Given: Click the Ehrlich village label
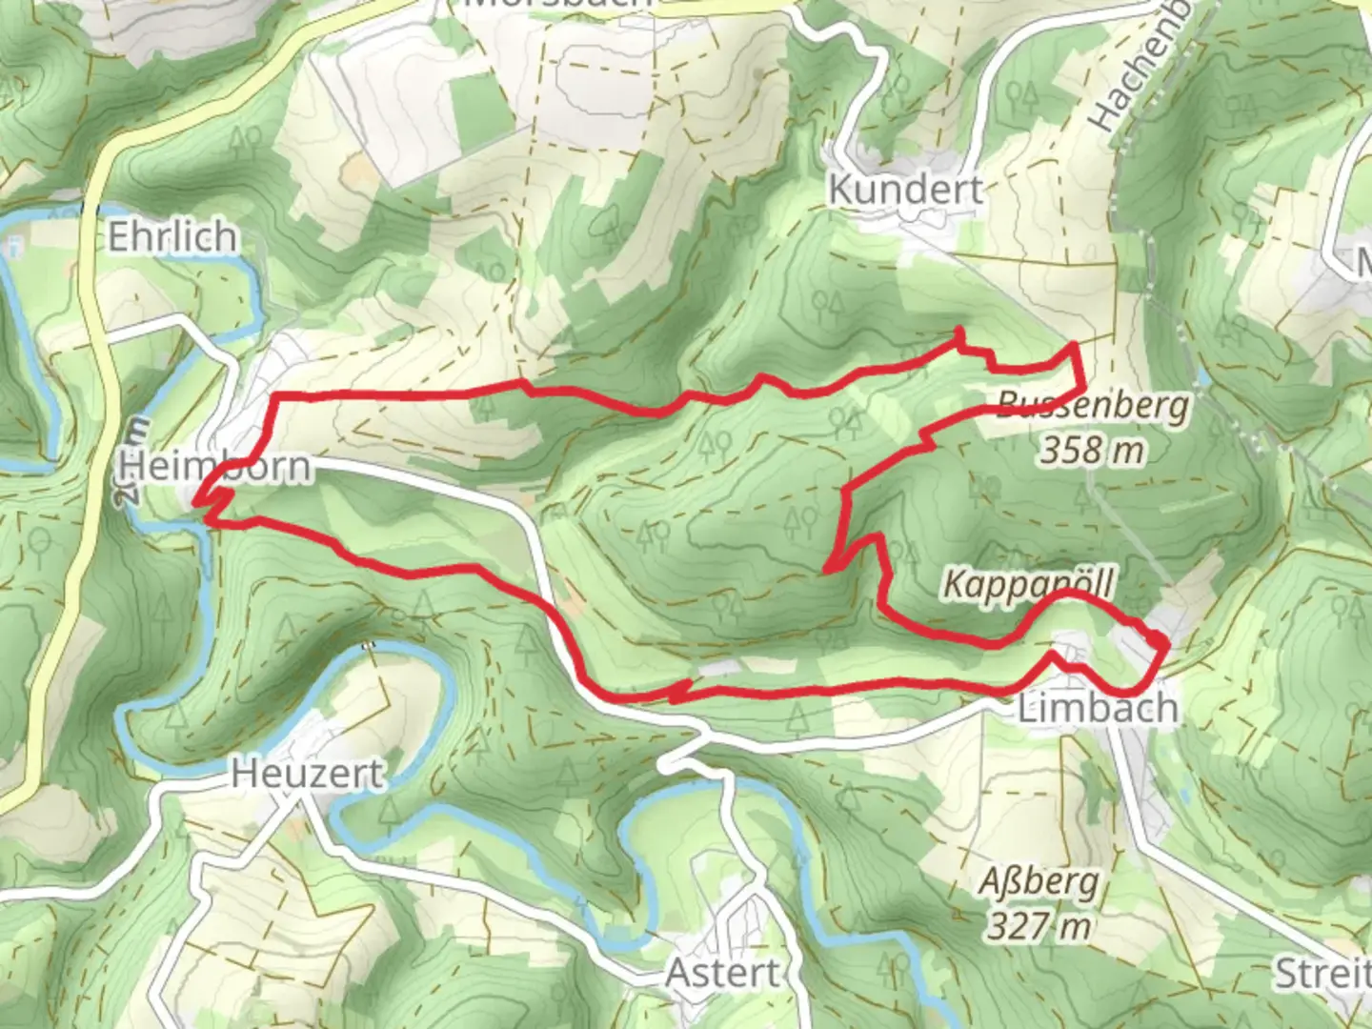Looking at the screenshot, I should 171,237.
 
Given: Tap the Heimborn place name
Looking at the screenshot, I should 215,467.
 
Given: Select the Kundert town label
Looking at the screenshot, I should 905,190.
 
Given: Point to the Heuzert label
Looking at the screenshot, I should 308,774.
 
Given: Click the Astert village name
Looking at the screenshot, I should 722,974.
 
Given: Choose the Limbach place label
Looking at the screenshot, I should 1098,708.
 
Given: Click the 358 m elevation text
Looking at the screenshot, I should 1091,449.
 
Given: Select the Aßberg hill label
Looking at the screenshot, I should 1039,882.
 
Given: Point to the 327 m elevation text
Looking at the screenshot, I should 1039,924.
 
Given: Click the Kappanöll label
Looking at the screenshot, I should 1028,582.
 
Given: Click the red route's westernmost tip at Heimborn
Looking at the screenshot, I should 196,501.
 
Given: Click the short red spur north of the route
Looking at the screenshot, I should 958,335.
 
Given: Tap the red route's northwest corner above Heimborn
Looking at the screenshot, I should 274,395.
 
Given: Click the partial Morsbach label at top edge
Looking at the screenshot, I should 557,4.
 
